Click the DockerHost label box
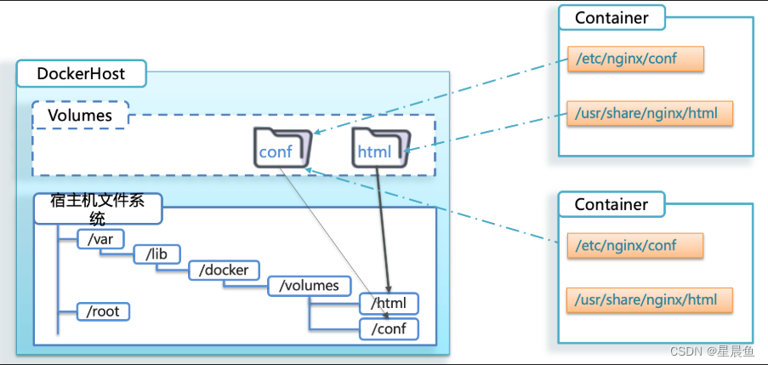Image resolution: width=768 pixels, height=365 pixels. click(81, 74)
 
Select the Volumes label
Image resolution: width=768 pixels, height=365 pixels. click(79, 115)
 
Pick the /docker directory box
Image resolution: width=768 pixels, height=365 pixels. click(224, 271)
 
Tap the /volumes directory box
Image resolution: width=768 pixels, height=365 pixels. click(309, 286)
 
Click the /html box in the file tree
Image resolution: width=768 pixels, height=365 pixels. click(389, 303)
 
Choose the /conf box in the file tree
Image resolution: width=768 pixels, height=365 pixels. click(389, 328)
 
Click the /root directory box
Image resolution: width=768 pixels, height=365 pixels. click(103, 311)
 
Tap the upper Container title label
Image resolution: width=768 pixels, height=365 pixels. click(612, 18)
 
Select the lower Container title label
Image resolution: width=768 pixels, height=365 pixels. click(612, 205)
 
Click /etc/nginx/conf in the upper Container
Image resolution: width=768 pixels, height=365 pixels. click(635, 59)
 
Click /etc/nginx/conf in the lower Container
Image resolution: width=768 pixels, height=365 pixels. click(635, 246)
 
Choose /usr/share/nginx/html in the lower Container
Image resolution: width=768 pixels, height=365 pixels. click(651, 300)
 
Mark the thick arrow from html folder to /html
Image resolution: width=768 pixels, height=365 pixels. click(384, 225)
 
